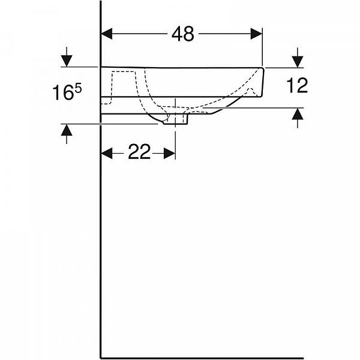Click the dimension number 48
point(183,34)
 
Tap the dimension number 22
point(139,152)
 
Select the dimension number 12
point(297,85)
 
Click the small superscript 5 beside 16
point(78,89)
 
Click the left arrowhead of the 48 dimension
point(107,34)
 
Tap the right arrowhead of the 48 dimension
point(256,34)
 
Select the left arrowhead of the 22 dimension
point(107,153)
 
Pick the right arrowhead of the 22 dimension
point(170,153)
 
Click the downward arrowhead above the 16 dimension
point(67,61)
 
